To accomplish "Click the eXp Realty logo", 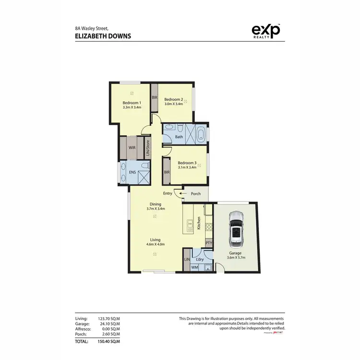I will [266, 31].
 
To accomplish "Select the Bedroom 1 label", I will [132, 103].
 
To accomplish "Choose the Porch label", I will [196, 194].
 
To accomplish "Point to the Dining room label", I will [155, 204].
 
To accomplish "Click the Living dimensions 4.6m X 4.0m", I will [155, 244].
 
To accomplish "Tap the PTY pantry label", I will [209, 243].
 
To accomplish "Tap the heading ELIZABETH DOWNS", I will [103, 36].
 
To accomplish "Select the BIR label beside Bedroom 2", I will [155, 97].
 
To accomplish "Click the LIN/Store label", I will [148, 148].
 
